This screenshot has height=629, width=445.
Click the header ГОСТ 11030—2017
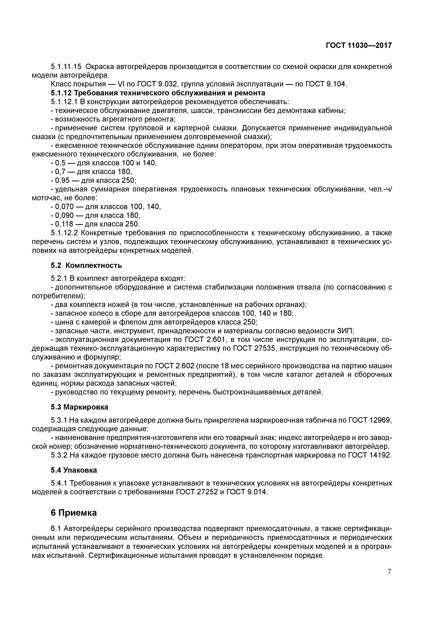359,45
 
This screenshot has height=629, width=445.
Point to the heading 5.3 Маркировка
79,407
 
